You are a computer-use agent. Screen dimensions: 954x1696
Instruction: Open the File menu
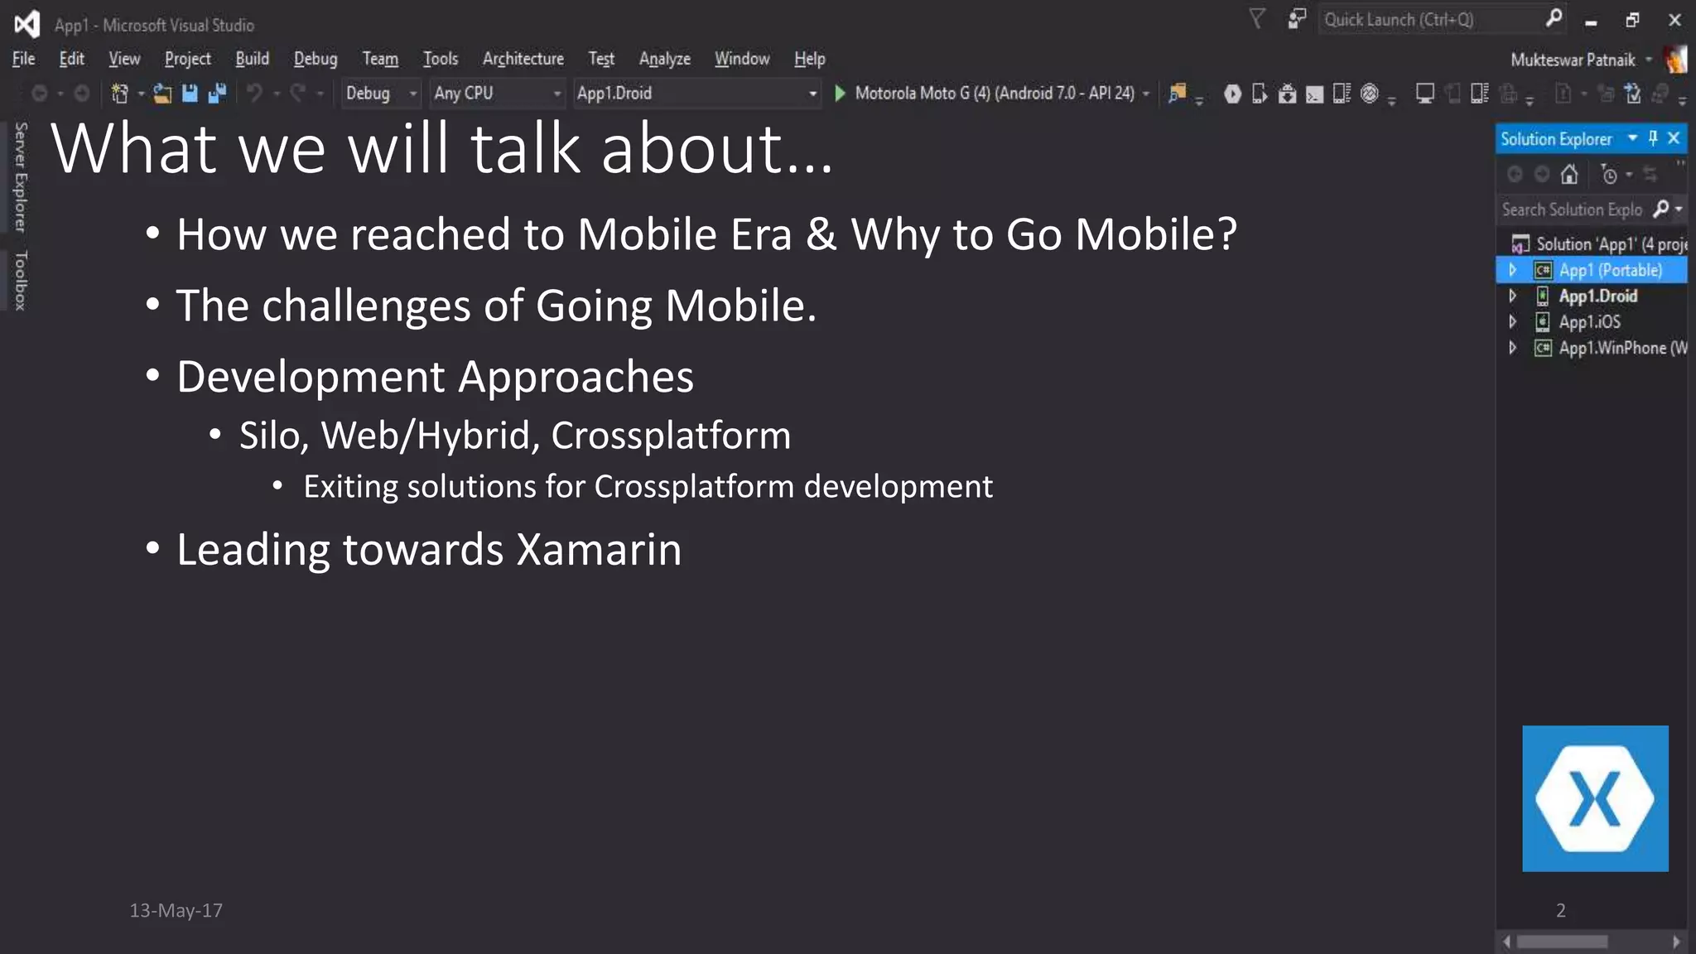pyautogui.click(x=23, y=59)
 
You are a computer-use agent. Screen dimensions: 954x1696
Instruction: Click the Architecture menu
pyautogui.click(x=523, y=59)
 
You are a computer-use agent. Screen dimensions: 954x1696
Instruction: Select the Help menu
pyautogui.click(x=809, y=59)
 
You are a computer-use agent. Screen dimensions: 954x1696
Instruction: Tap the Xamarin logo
pyautogui.click(x=1594, y=798)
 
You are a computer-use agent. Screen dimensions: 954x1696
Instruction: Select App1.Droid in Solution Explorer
pyautogui.click(x=1597, y=296)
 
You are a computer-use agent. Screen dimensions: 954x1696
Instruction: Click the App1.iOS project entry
pyautogui.click(x=1589, y=322)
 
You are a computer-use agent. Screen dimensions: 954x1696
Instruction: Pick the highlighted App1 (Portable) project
pyautogui.click(x=1610, y=271)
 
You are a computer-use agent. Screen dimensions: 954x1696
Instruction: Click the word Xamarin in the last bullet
pyautogui.click(x=599, y=550)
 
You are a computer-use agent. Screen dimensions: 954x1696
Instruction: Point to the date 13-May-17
pyautogui.click(x=176, y=911)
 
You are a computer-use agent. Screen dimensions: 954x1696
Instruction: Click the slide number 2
pyautogui.click(x=1560, y=911)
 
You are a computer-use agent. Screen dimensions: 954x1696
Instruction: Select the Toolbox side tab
pyautogui.click(x=21, y=281)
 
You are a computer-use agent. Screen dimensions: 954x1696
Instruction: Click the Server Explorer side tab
pyautogui.click(x=21, y=176)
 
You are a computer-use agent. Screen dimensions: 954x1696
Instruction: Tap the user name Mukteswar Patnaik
pyautogui.click(x=1572, y=60)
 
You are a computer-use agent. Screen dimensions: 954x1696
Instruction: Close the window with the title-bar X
pyautogui.click(x=1674, y=20)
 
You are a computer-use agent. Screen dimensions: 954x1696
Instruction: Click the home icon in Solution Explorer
pyautogui.click(x=1568, y=175)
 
